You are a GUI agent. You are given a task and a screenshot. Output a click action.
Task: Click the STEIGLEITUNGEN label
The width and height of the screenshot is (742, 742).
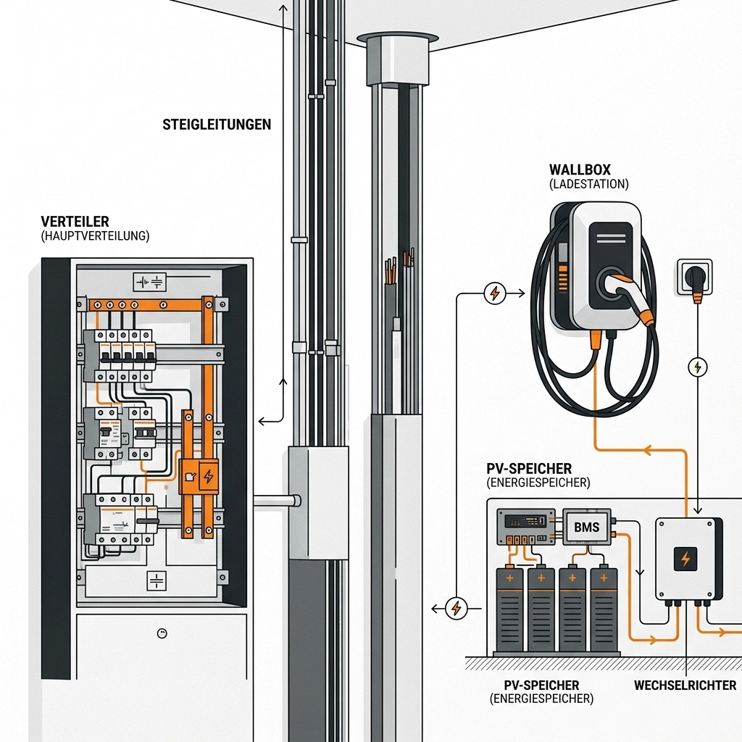point(217,125)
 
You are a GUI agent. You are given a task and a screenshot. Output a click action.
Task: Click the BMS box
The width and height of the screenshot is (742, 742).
point(586,527)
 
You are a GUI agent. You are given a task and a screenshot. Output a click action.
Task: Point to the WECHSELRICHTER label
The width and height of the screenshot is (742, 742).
point(685,685)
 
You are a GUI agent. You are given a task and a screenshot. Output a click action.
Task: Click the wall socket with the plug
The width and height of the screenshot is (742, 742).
point(695,278)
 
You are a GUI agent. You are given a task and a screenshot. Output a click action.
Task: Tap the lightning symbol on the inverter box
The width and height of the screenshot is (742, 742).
point(685,558)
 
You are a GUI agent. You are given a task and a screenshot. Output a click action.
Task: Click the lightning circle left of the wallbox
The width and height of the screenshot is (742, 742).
point(494,293)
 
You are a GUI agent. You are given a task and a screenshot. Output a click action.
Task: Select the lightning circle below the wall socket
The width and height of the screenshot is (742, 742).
point(697,367)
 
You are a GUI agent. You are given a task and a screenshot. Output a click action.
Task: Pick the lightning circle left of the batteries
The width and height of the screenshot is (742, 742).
point(456,609)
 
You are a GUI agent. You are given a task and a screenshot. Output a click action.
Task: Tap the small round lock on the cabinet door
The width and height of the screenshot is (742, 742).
point(162,633)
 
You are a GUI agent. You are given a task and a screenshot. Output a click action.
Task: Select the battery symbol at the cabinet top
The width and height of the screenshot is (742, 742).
point(150,281)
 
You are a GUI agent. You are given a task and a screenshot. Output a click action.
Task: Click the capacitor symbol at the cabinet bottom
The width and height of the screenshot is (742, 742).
point(157,580)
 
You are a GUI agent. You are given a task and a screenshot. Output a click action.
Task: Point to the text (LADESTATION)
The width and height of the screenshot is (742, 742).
point(589,185)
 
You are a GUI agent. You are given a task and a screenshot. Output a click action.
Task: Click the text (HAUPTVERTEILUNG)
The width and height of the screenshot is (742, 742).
point(95,236)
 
